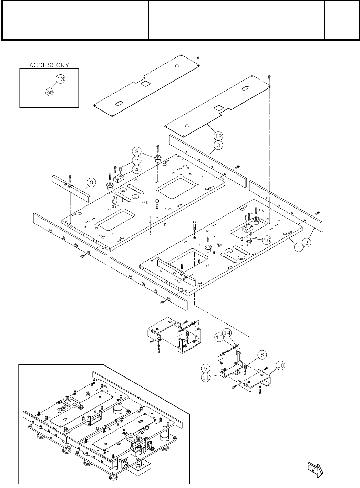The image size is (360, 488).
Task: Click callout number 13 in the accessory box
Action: click(x=60, y=79)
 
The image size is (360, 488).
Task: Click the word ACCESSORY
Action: click(x=49, y=65)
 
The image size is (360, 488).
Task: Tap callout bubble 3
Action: click(x=218, y=145)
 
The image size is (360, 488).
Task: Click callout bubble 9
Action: click(x=91, y=183)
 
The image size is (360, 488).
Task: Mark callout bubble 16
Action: click(x=267, y=240)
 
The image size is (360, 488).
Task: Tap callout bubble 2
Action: click(x=307, y=242)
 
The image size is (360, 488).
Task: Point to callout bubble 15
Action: click(x=218, y=338)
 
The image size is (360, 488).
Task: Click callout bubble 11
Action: click(x=206, y=377)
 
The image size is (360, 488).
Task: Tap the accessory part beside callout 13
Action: click(x=49, y=92)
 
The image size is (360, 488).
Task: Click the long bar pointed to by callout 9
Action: click(x=71, y=188)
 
